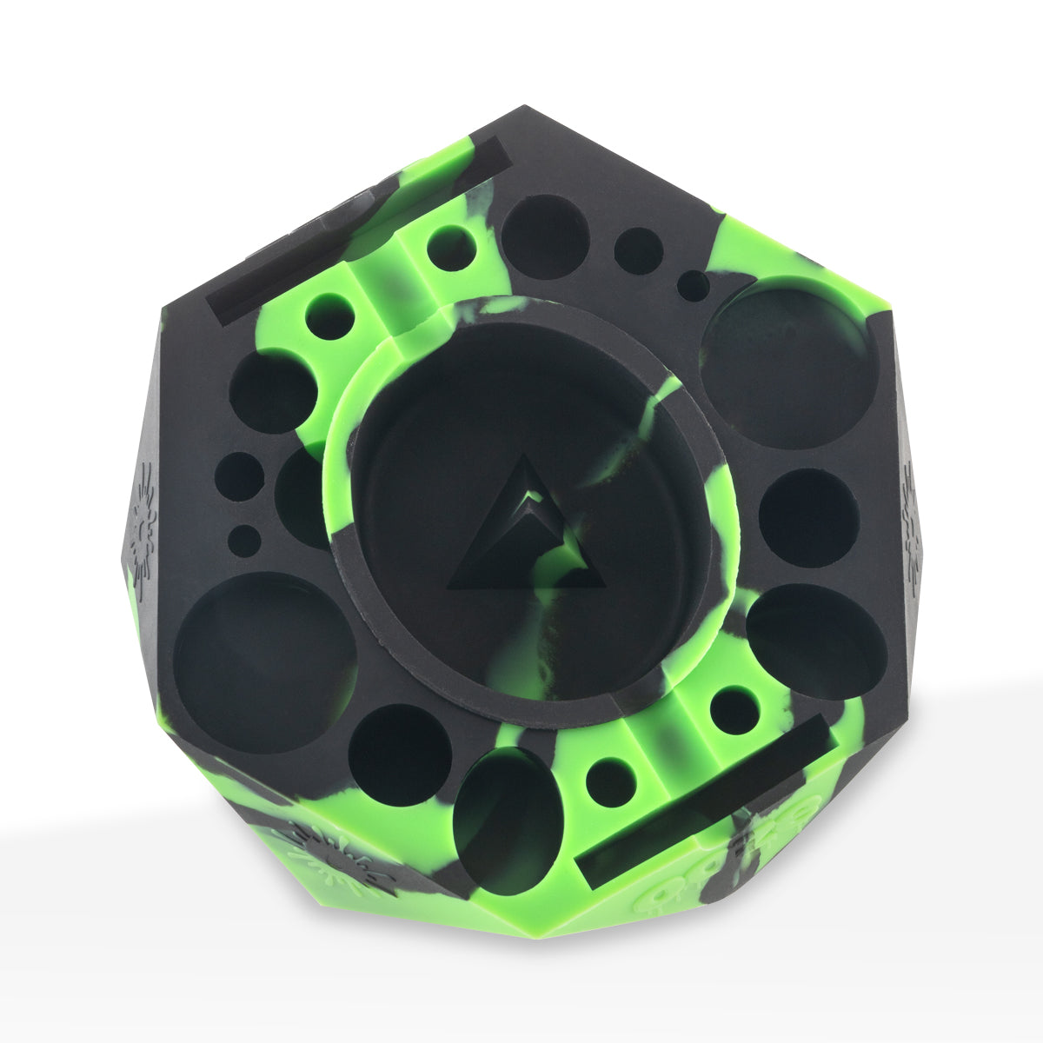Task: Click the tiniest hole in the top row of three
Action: point(694,285)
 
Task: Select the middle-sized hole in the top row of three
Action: point(639,251)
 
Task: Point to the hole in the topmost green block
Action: point(451,246)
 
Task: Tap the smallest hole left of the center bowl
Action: point(247,540)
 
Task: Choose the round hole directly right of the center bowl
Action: point(808,518)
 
